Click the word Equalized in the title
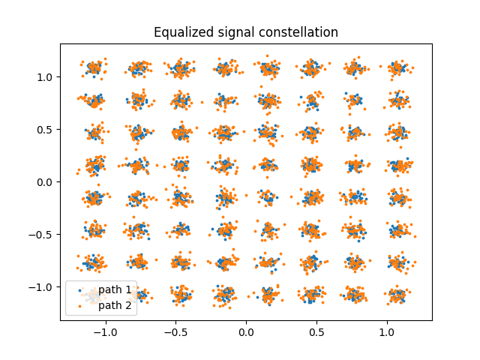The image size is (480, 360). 178,32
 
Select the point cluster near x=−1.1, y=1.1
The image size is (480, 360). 94,67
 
